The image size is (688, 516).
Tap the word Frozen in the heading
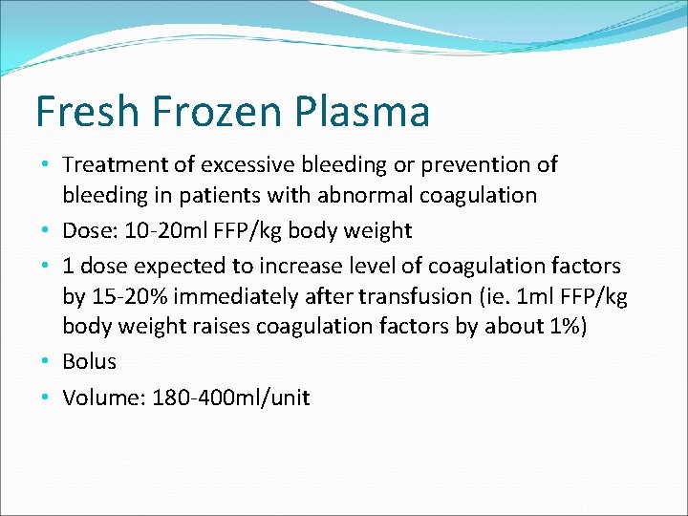(210, 112)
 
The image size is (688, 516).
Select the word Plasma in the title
(364, 113)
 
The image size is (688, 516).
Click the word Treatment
(120, 164)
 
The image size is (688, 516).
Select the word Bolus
(89, 361)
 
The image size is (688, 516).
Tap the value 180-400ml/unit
(229, 398)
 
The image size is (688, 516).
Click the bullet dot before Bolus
(48, 362)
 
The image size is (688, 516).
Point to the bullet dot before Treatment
(48, 165)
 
